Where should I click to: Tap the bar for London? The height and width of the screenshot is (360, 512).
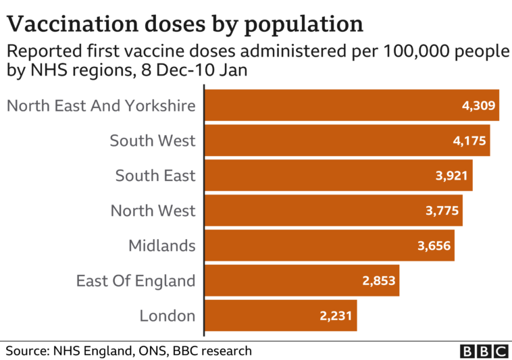270,315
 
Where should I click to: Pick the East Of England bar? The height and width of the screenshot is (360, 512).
290,280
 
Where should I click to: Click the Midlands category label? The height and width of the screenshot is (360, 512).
161,246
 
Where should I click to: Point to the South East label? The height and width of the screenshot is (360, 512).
155,176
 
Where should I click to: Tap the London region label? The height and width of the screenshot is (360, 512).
167,315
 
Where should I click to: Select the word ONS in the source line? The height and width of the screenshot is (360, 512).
151,351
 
